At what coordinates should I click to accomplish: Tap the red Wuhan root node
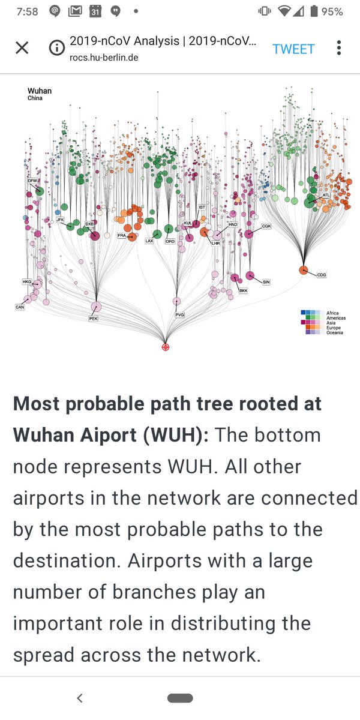point(166,347)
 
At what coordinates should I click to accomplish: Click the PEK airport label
point(93,319)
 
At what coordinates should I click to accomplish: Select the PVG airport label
point(179,314)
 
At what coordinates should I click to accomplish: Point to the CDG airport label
point(321,275)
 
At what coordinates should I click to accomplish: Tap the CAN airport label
point(19,307)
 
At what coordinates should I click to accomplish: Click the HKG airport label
point(26,281)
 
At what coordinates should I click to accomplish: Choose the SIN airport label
point(266,281)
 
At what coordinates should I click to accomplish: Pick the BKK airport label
point(243,291)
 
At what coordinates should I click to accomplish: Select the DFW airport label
point(32,181)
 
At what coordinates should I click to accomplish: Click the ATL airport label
point(326,196)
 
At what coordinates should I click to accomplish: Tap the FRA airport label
point(122,235)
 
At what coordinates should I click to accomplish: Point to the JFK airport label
point(60,220)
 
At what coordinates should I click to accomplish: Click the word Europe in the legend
point(332,328)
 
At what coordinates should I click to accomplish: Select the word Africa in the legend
point(332,313)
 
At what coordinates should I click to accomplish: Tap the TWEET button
point(293,49)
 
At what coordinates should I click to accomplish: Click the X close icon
point(22,48)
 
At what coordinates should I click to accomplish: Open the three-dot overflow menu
point(339,48)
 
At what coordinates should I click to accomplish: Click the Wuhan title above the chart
point(40,91)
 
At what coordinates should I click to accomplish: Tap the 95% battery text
point(332,11)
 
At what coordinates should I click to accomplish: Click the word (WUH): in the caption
point(176,435)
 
